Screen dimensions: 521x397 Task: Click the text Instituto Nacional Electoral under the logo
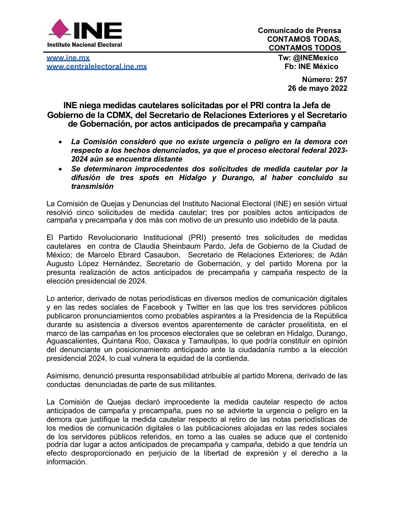pyautogui.click(x=84, y=45)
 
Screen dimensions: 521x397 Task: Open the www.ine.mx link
pyautogui.click(x=68, y=58)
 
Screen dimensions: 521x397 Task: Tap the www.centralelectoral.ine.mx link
pyautogui.click(x=97, y=66)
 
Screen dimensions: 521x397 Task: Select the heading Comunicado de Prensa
pyautogui.click(x=299, y=30)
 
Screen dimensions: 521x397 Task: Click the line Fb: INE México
pyautogui.click(x=311, y=66)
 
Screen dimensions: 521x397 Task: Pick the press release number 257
pyautogui.click(x=341, y=80)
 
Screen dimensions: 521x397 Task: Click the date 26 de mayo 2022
pyautogui.click(x=317, y=88)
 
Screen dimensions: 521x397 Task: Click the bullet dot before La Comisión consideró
pyautogui.click(x=61, y=142)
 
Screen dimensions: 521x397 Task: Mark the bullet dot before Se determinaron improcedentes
pyautogui.click(x=61, y=169)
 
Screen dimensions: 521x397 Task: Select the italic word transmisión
pyautogui.click(x=92, y=186)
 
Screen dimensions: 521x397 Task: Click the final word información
pyautogui.click(x=66, y=462)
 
